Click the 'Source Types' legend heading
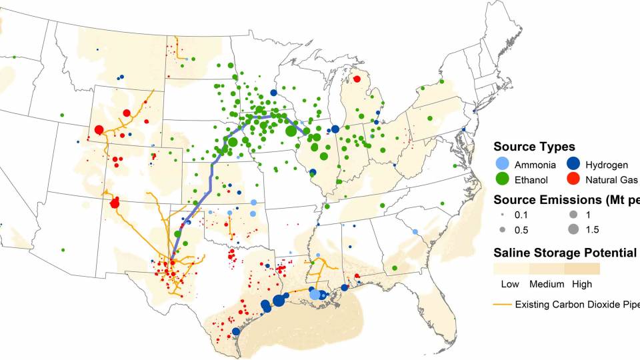tap(534, 147)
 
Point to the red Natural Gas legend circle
tap(573, 179)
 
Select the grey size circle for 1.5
tap(574, 230)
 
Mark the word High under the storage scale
tap(581, 285)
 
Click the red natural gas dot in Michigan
tap(357, 79)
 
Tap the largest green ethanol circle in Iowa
tap(291, 131)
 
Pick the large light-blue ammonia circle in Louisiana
tap(315, 294)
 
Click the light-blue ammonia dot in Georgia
tap(415, 231)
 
